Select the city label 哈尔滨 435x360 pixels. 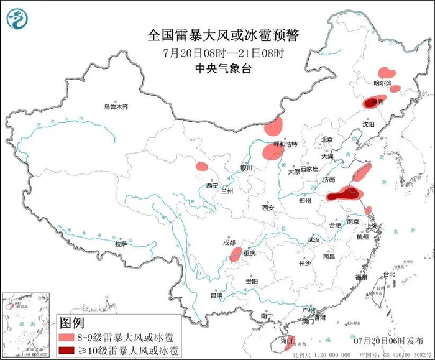(x=382, y=83)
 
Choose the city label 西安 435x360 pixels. (x=268, y=208)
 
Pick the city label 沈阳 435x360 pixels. (x=368, y=124)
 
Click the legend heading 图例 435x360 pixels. (x=70, y=323)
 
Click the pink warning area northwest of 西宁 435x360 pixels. (x=201, y=167)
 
